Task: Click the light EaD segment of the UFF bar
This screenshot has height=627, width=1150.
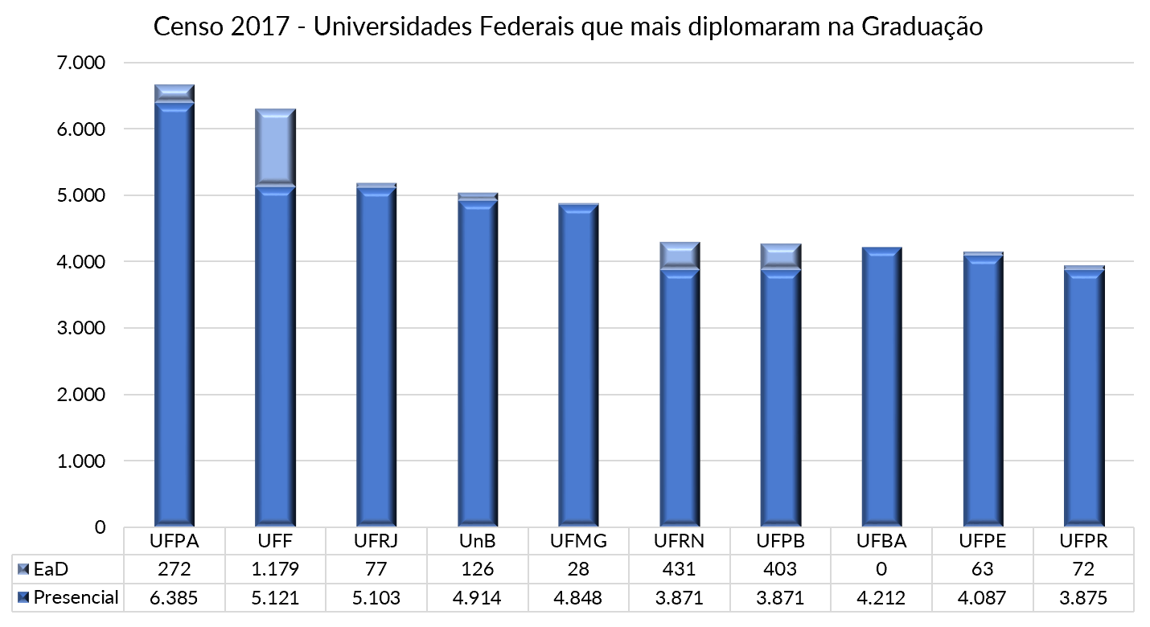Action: pos(276,146)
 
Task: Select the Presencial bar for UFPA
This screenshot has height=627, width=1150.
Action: pos(175,322)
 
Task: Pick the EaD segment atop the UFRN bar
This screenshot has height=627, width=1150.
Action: pos(680,255)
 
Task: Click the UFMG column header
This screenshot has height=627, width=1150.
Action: pos(579,541)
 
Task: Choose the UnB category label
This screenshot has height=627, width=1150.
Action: pos(478,541)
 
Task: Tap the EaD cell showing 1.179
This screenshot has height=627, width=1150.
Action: pos(276,569)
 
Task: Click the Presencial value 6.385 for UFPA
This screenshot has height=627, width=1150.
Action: pos(175,597)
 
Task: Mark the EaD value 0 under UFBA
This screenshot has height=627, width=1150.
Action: pos(882,569)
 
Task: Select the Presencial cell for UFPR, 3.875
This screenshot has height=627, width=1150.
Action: pos(1084,597)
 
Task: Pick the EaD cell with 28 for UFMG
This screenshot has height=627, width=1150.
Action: pos(579,569)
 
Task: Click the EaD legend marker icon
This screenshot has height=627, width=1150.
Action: pos(23,569)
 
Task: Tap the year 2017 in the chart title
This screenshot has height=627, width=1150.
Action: pos(258,27)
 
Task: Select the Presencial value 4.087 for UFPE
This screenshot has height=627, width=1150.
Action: pos(984,597)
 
